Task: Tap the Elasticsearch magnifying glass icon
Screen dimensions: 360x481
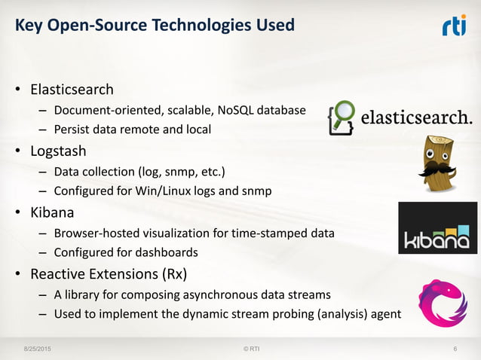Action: (342, 118)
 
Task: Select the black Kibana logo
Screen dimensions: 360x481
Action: (437, 227)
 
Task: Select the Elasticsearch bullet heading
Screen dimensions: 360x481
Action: (72, 90)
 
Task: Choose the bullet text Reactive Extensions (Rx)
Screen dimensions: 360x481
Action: (109, 267)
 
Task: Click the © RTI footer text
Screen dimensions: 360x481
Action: (241, 349)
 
